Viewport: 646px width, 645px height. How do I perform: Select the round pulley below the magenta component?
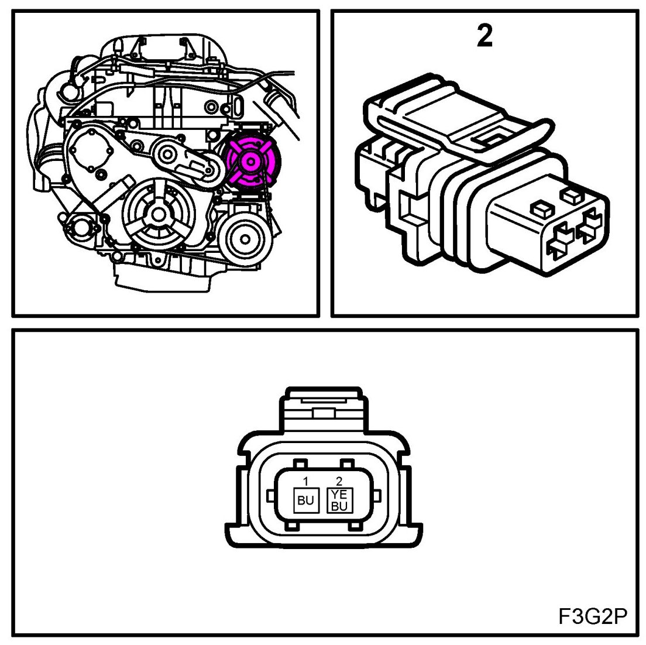245,239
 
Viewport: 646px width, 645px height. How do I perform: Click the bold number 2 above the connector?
485,37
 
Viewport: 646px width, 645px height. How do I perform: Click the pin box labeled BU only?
305,500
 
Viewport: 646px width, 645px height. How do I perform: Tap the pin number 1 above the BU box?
305,482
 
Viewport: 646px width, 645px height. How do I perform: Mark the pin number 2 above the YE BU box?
339,482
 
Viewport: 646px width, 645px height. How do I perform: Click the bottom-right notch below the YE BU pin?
353,529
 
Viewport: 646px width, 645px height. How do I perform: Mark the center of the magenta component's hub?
252,162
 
